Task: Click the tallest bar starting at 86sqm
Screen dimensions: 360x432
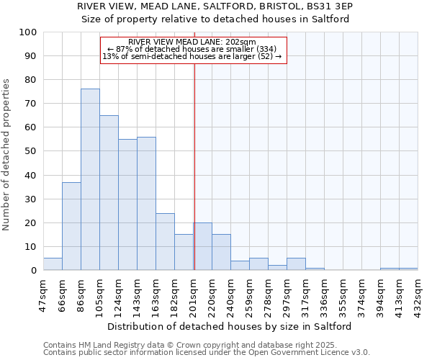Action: tap(90, 180)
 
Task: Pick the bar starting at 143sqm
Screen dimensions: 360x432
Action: tap(146, 204)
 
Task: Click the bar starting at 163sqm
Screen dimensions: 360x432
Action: tap(165, 242)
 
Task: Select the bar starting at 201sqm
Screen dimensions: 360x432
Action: tap(202, 247)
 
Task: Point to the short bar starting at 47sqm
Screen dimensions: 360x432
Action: tap(53, 264)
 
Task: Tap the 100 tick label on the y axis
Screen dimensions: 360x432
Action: tap(28, 32)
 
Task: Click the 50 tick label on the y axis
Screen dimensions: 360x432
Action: tap(31, 151)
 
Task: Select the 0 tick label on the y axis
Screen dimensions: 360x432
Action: tap(34, 271)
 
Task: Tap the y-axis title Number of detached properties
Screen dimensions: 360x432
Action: tap(6, 155)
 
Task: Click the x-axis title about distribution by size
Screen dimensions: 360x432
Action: tap(234, 326)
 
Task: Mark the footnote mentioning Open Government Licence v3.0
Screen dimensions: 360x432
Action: tap(207, 353)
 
